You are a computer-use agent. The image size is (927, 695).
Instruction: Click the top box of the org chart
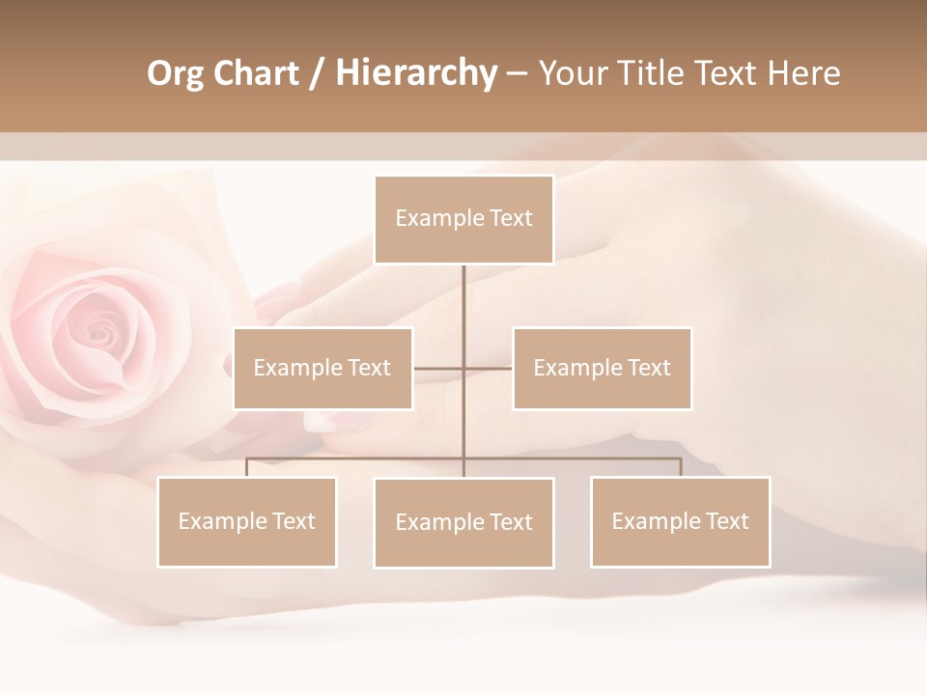click(x=463, y=219)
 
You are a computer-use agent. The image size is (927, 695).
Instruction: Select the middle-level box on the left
click(x=323, y=368)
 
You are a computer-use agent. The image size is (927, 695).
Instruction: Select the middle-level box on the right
click(x=602, y=368)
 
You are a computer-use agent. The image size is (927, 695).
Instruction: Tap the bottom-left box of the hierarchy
click(x=246, y=521)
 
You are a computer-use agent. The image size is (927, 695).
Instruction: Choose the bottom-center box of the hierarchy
click(x=463, y=522)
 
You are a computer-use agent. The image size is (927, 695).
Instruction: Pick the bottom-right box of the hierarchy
click(x=680, y=521)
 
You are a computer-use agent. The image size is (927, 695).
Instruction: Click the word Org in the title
click(x=175, y=74)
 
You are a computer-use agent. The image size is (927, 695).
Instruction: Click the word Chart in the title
click(x=255, y=73)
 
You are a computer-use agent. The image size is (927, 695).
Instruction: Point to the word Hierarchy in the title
click(x=415, y=73)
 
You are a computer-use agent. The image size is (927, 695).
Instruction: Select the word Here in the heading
click(x=803, y=73)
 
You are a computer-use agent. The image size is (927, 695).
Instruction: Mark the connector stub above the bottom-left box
click(x=246, y=467)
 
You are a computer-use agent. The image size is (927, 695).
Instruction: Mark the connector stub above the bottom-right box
click(x=681, y=467)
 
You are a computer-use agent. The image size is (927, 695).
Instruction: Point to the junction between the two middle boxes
click(x=463, y=368)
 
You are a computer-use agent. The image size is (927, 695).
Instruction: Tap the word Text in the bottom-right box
click(x=727, y=521)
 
